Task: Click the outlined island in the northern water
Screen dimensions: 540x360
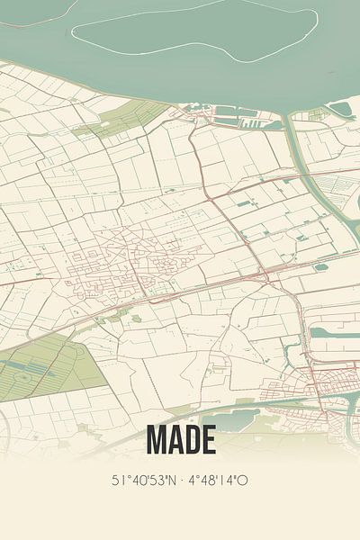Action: click(193, 31)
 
